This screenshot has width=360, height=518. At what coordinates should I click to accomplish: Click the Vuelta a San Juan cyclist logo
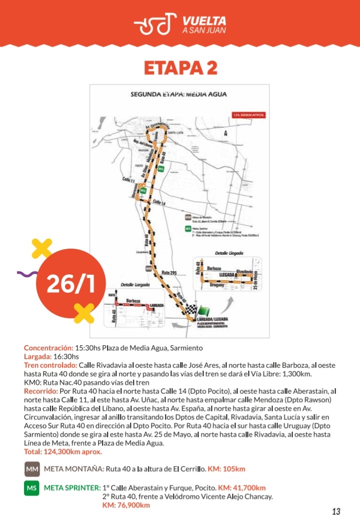click(155, 23)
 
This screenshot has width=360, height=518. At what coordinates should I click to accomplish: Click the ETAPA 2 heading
click(180, 68)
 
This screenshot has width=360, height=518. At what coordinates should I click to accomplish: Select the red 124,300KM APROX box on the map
click(248, 115)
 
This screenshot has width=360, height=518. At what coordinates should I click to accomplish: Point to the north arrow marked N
click(226, 133)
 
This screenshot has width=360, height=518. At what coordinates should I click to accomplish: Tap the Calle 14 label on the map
click(159, 202)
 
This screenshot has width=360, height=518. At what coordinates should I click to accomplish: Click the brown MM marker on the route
click(148, 268)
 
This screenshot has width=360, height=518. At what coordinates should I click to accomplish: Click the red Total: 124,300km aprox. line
click(62, 452)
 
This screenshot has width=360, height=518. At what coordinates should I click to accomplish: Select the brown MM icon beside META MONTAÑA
click(31, 469)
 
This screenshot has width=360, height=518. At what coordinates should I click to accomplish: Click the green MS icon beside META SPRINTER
click(31, 488)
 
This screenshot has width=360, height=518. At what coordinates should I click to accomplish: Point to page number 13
click(336, 512)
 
